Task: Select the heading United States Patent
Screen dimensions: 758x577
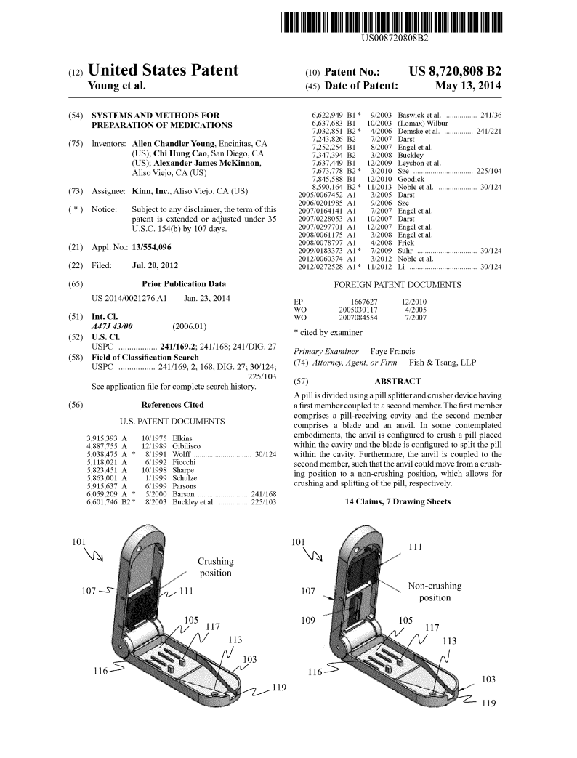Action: [x=163, y=71]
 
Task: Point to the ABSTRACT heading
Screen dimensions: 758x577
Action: [x=397, y=381]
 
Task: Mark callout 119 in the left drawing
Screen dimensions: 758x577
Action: [x=278, y=688]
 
